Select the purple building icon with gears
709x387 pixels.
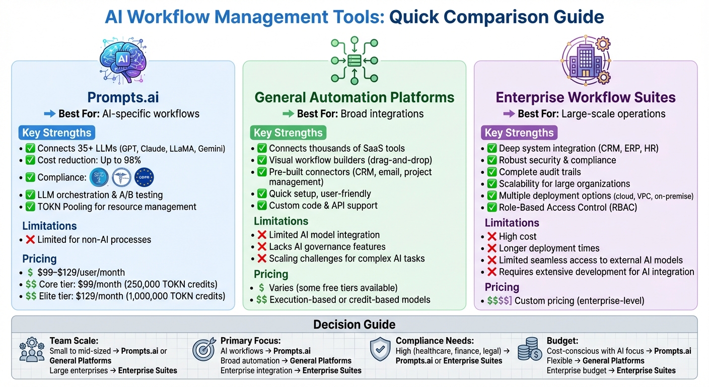pos(586,59)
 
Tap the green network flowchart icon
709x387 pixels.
pos(354,59)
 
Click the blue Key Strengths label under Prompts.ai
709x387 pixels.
pos(56,133)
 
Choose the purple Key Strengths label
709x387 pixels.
pos(519,133)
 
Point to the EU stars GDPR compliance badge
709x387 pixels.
pos(145,177)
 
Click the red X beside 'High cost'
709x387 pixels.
pos(491,236)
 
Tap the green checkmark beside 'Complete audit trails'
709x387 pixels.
pos(491,172)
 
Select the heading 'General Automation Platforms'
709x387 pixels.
pos(354,97)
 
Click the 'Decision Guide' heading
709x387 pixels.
pos(354,325)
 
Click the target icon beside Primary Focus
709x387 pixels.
pos(204,350)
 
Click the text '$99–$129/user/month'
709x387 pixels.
pos(81,272)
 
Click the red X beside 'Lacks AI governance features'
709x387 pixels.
pos(262,247)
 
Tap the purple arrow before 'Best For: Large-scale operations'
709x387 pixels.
pos(509,114)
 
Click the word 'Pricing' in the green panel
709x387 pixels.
pos(271,274)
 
